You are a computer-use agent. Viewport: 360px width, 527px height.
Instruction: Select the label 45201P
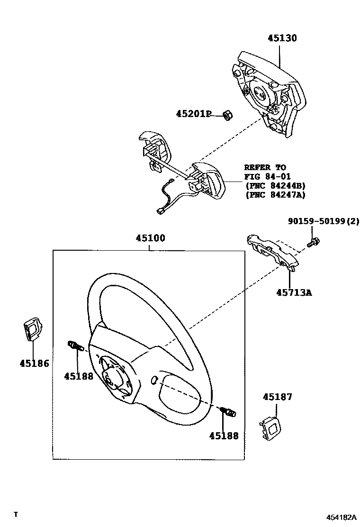193,114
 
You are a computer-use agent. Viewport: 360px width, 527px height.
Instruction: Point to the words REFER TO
265,167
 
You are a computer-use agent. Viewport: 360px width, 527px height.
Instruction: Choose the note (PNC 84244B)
275,185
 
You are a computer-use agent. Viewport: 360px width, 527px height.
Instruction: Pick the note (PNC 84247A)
275,194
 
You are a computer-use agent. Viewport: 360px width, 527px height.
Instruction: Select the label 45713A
294,292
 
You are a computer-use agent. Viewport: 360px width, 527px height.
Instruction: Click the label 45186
34,363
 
